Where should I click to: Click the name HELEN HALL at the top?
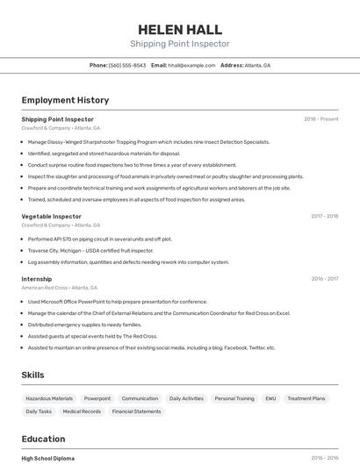coord(180,29)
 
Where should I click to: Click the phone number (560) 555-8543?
coord(127,65)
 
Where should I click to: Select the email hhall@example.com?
coord(191,65)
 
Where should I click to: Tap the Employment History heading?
coord(65,100)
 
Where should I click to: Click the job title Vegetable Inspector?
coord(51,216)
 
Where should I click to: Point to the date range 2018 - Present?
coord(320,119)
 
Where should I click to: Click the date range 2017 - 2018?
coord(324,216)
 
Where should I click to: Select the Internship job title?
coord(36,279)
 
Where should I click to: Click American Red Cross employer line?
coord(59,288)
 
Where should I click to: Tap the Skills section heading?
coord(32,375)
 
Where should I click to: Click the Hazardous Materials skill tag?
coord(49,398)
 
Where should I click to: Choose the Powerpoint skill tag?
coord(97,398)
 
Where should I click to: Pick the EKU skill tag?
coord(270,398)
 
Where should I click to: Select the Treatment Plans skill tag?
coord(306,398)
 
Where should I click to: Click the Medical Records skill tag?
coord(82,411)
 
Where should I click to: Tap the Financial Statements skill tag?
coord(136,411)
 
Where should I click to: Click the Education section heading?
coord(43,439)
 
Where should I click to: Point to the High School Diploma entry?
coord(47,458)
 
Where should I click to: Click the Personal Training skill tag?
coord(234,398)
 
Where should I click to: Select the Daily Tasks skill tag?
coord(39,411)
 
